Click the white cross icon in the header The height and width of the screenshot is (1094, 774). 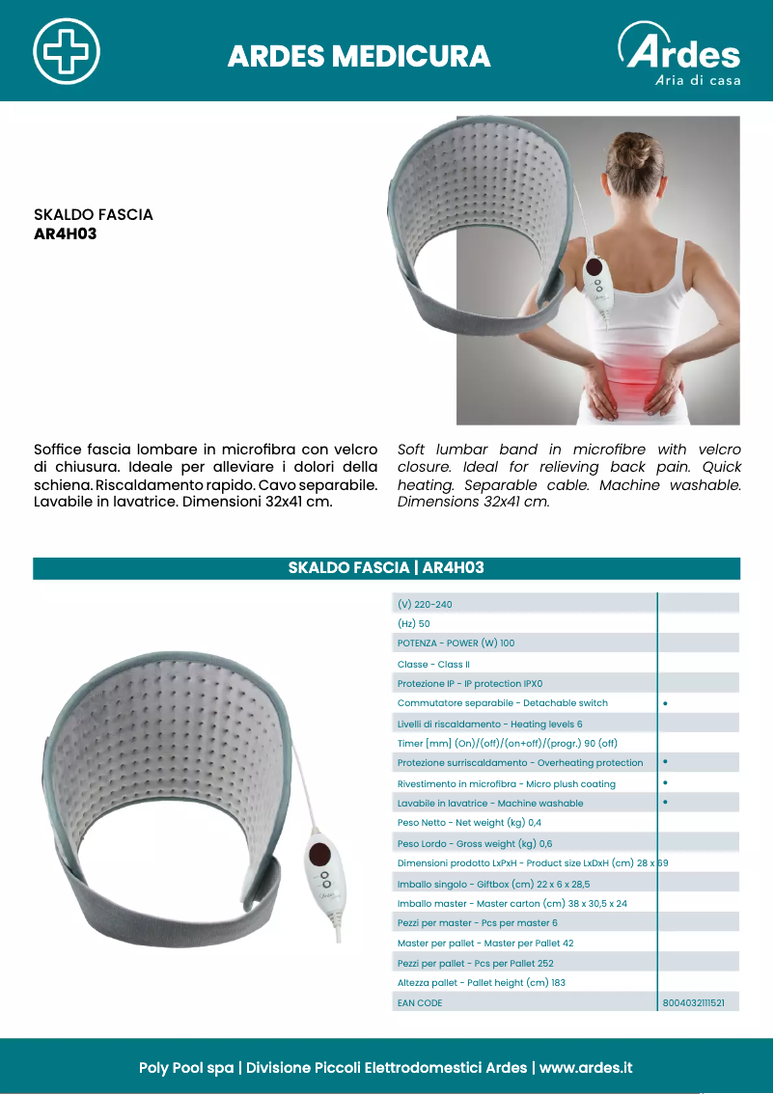coord(67,50)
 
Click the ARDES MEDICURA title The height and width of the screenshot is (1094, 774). coord(359,57)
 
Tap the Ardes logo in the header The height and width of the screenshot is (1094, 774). coord(680,48)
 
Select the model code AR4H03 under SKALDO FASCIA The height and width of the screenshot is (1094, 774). coord(66,233)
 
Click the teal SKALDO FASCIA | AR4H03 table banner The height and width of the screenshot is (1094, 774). coord(386,568)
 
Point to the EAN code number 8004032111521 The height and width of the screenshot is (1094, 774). coord(693,1003)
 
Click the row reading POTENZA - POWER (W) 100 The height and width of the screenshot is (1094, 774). coord(456,643)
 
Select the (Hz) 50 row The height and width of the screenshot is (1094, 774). coord(414,624)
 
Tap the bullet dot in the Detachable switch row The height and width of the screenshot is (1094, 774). coord(666,703)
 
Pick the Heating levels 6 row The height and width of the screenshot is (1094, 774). coord(489,724)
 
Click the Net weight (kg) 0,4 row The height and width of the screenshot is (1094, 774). coord(469,823)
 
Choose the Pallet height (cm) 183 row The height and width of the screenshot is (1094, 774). coord(481,983)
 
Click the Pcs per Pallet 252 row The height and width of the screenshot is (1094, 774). coord(475,963)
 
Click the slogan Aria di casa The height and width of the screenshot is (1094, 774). coord(698,81)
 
